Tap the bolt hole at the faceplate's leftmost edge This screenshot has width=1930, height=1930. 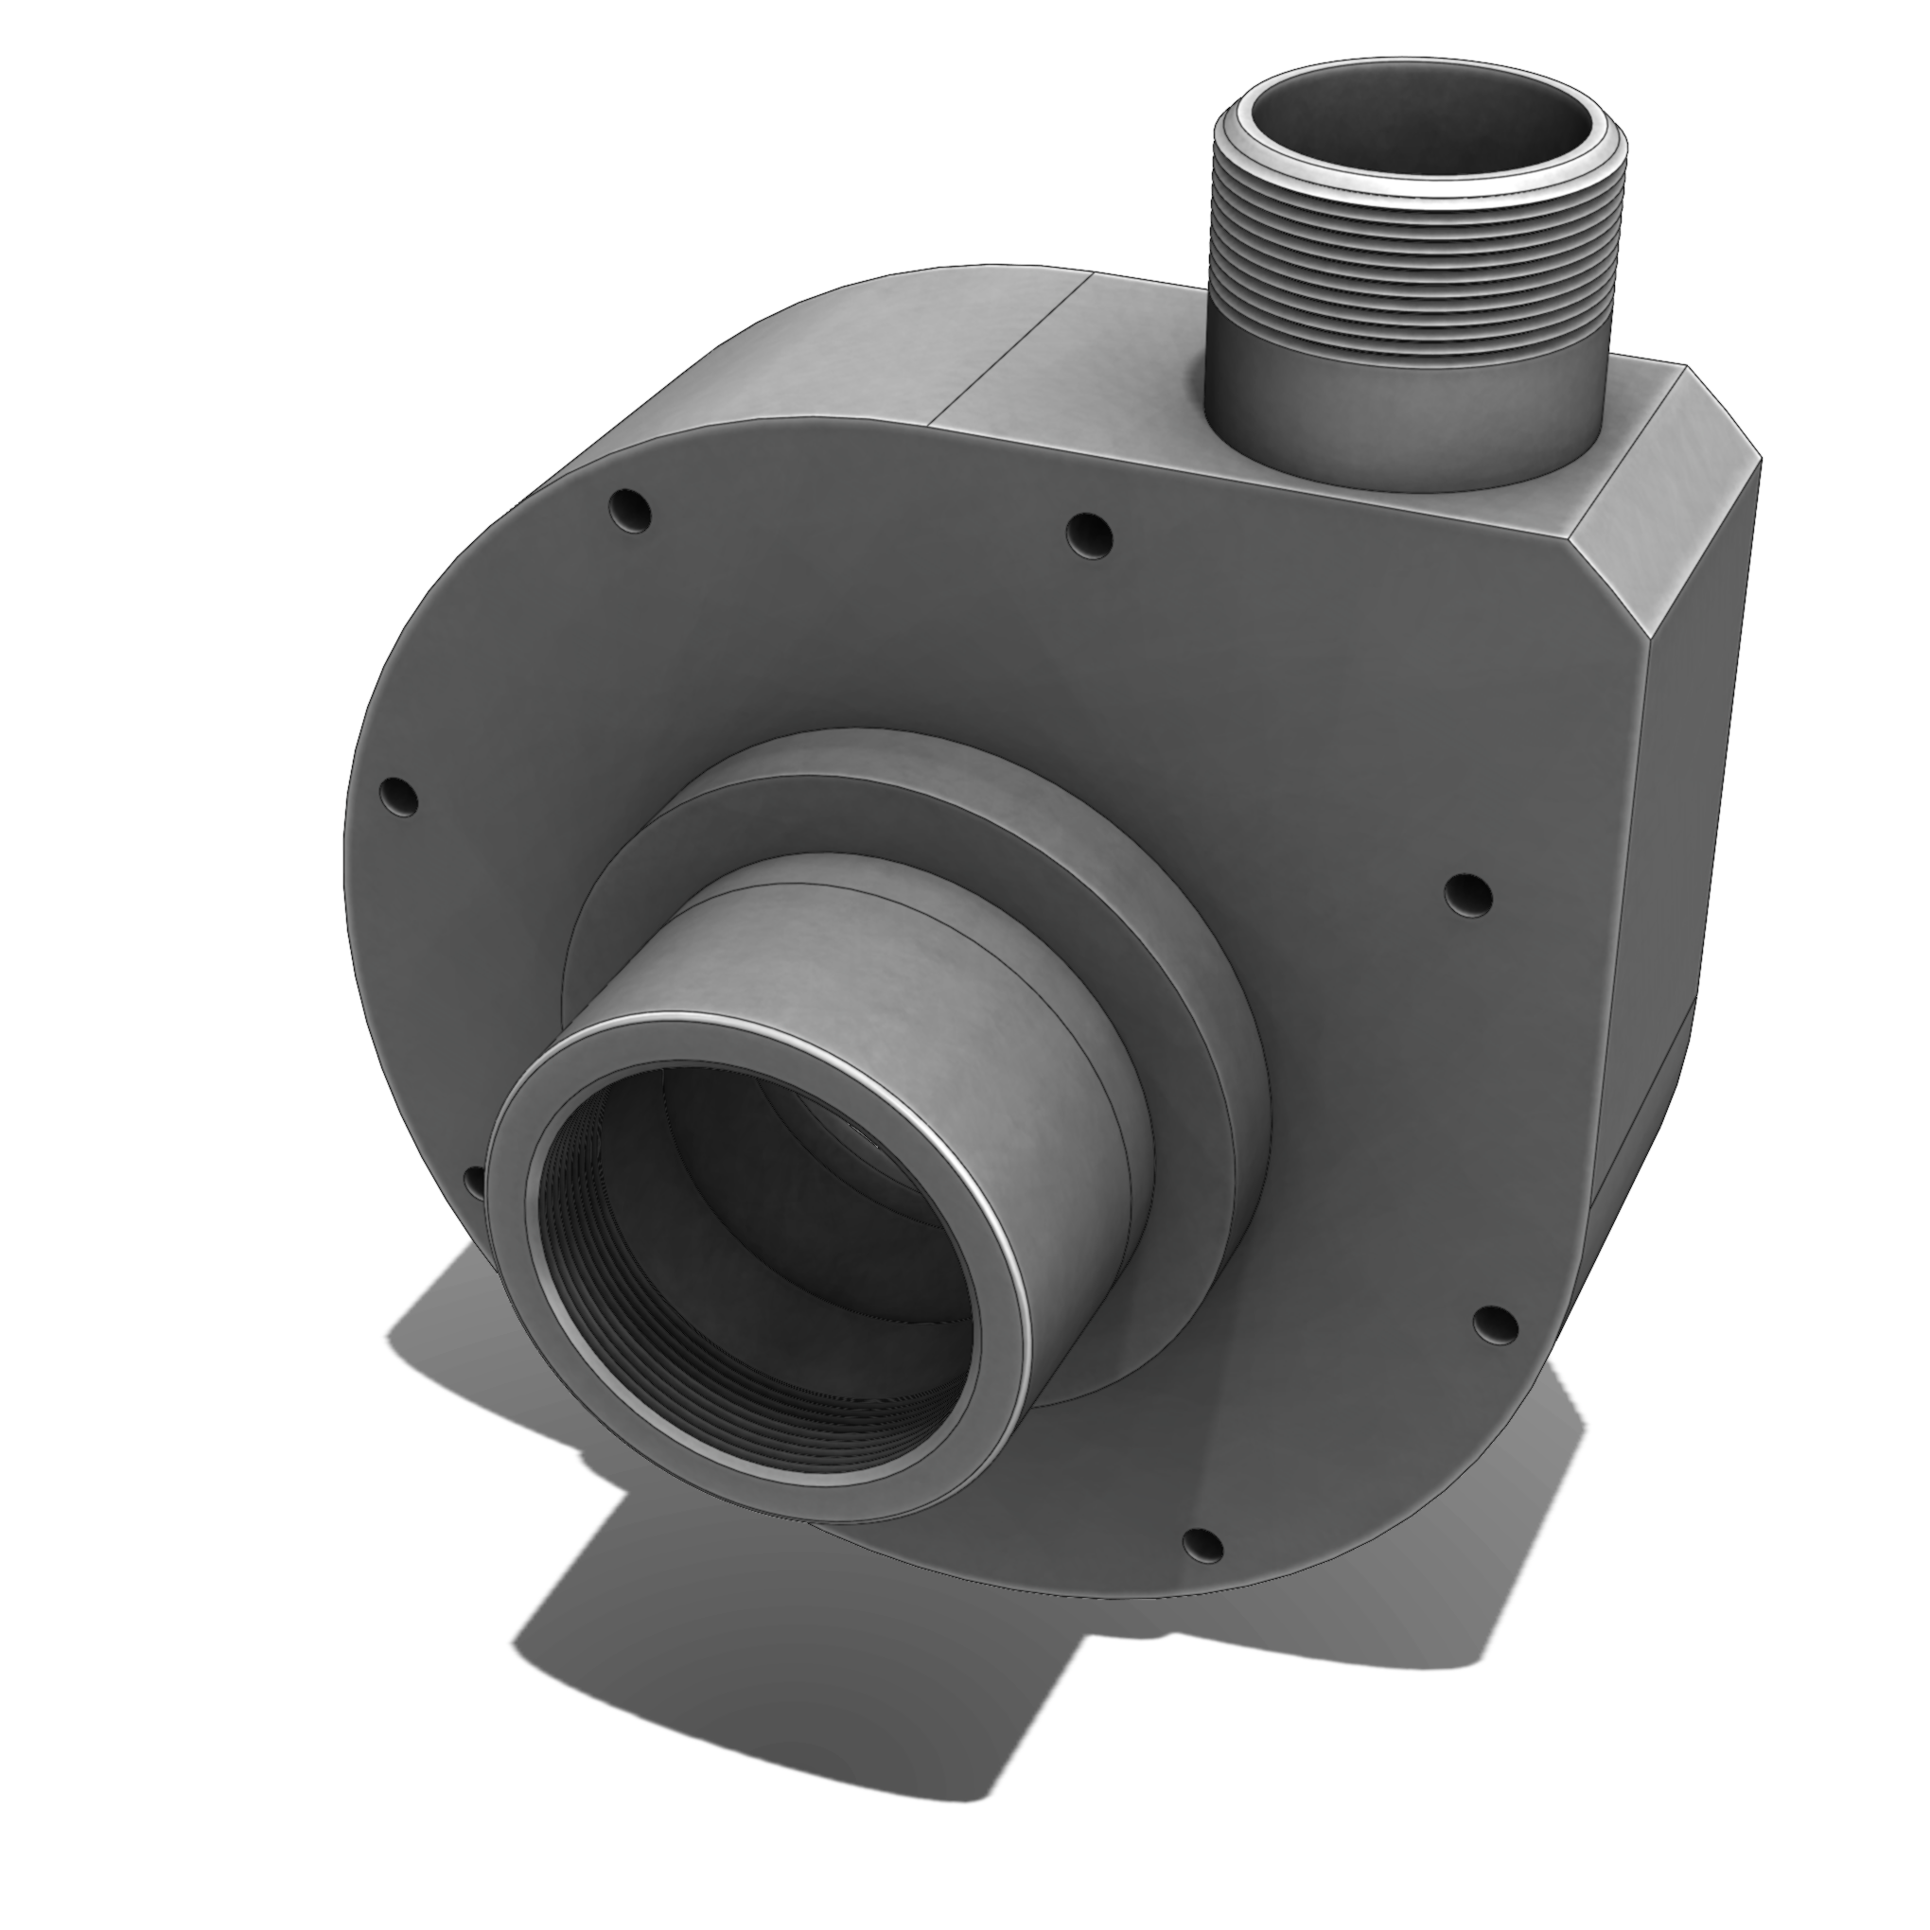(x=399, y=798)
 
